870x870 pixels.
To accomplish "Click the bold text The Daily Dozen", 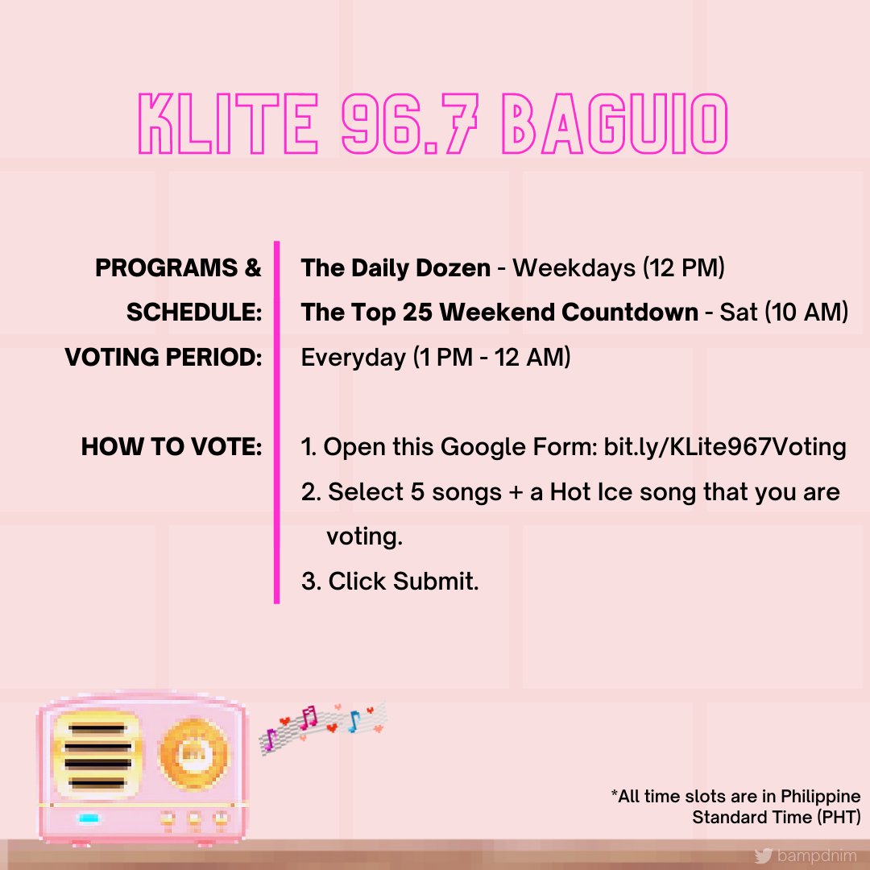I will click(396, 268).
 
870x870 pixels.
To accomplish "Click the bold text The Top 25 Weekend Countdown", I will click(499, 313).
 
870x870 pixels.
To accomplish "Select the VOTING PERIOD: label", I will click(164, 357).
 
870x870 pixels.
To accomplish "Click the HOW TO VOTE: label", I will click(172, 447).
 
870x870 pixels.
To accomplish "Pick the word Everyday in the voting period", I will click(353, 357).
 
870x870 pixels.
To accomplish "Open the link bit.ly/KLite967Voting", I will click(724, 447).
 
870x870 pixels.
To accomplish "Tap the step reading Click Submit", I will click(403, 581).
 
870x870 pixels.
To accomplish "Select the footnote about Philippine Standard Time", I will click(736, 807).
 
